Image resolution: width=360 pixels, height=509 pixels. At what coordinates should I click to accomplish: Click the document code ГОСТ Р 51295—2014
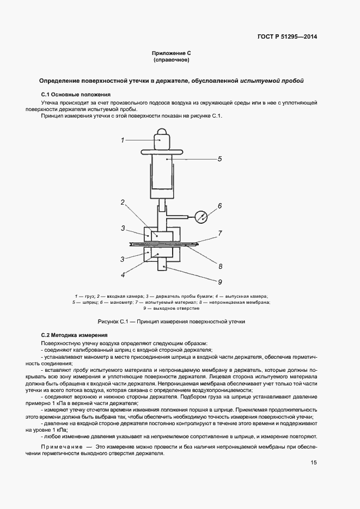pos(287,37)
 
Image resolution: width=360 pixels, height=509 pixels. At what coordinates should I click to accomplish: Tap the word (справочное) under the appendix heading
pos(172,60)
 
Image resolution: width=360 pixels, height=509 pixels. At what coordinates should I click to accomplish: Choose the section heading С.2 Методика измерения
pos(75,335)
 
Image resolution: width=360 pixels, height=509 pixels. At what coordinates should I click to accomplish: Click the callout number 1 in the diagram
pos(123,140)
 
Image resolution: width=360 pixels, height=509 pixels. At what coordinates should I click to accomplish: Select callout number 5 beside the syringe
pos(219,160)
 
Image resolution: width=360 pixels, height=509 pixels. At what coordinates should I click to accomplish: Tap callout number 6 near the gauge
pos(220,206)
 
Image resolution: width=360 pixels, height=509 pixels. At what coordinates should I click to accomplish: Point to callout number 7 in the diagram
pos(220,234)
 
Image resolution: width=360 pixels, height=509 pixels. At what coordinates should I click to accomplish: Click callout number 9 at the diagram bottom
pos(220,281)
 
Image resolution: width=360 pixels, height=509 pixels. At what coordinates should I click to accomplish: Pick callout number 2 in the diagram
pos(123,202)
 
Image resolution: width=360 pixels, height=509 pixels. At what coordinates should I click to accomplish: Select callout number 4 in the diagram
pos(123,275)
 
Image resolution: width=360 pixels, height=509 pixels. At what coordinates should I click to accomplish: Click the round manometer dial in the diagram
pos(202,217)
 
